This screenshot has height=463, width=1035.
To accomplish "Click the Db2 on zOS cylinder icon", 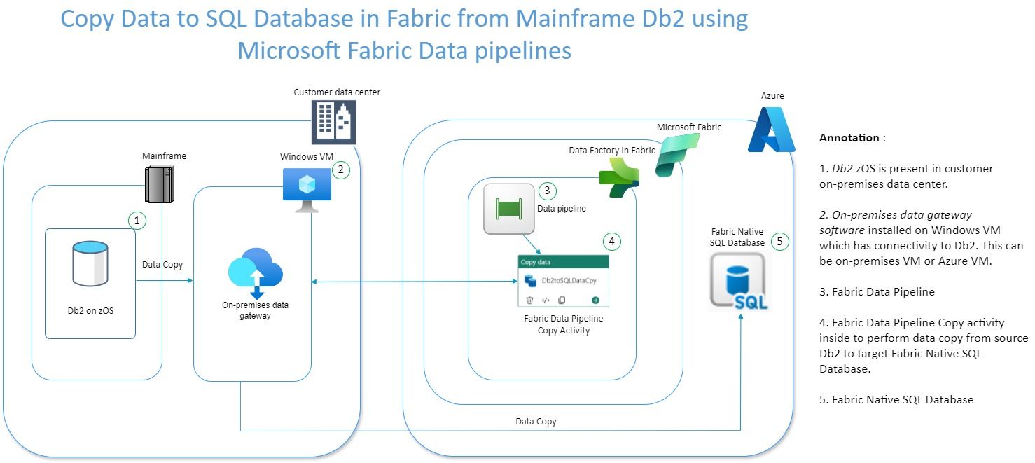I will pos(90,264).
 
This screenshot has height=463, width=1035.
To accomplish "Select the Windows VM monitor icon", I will pos(306,186).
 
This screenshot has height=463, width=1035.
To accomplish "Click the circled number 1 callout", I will pos(137,221).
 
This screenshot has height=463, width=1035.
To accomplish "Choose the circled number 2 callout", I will pos(341,170).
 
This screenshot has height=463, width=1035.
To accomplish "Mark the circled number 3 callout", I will pos(548,190).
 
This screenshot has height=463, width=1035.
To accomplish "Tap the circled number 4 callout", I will pos(611,242).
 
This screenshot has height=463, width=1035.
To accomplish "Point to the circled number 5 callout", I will pos(779,242).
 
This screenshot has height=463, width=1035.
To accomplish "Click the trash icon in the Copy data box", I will pos(530,300).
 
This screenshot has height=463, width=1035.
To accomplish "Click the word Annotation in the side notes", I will pos(849,138).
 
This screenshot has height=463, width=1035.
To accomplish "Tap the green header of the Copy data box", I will pos(563,262).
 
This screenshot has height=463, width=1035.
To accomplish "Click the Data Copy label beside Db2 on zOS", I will pos(162,265).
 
